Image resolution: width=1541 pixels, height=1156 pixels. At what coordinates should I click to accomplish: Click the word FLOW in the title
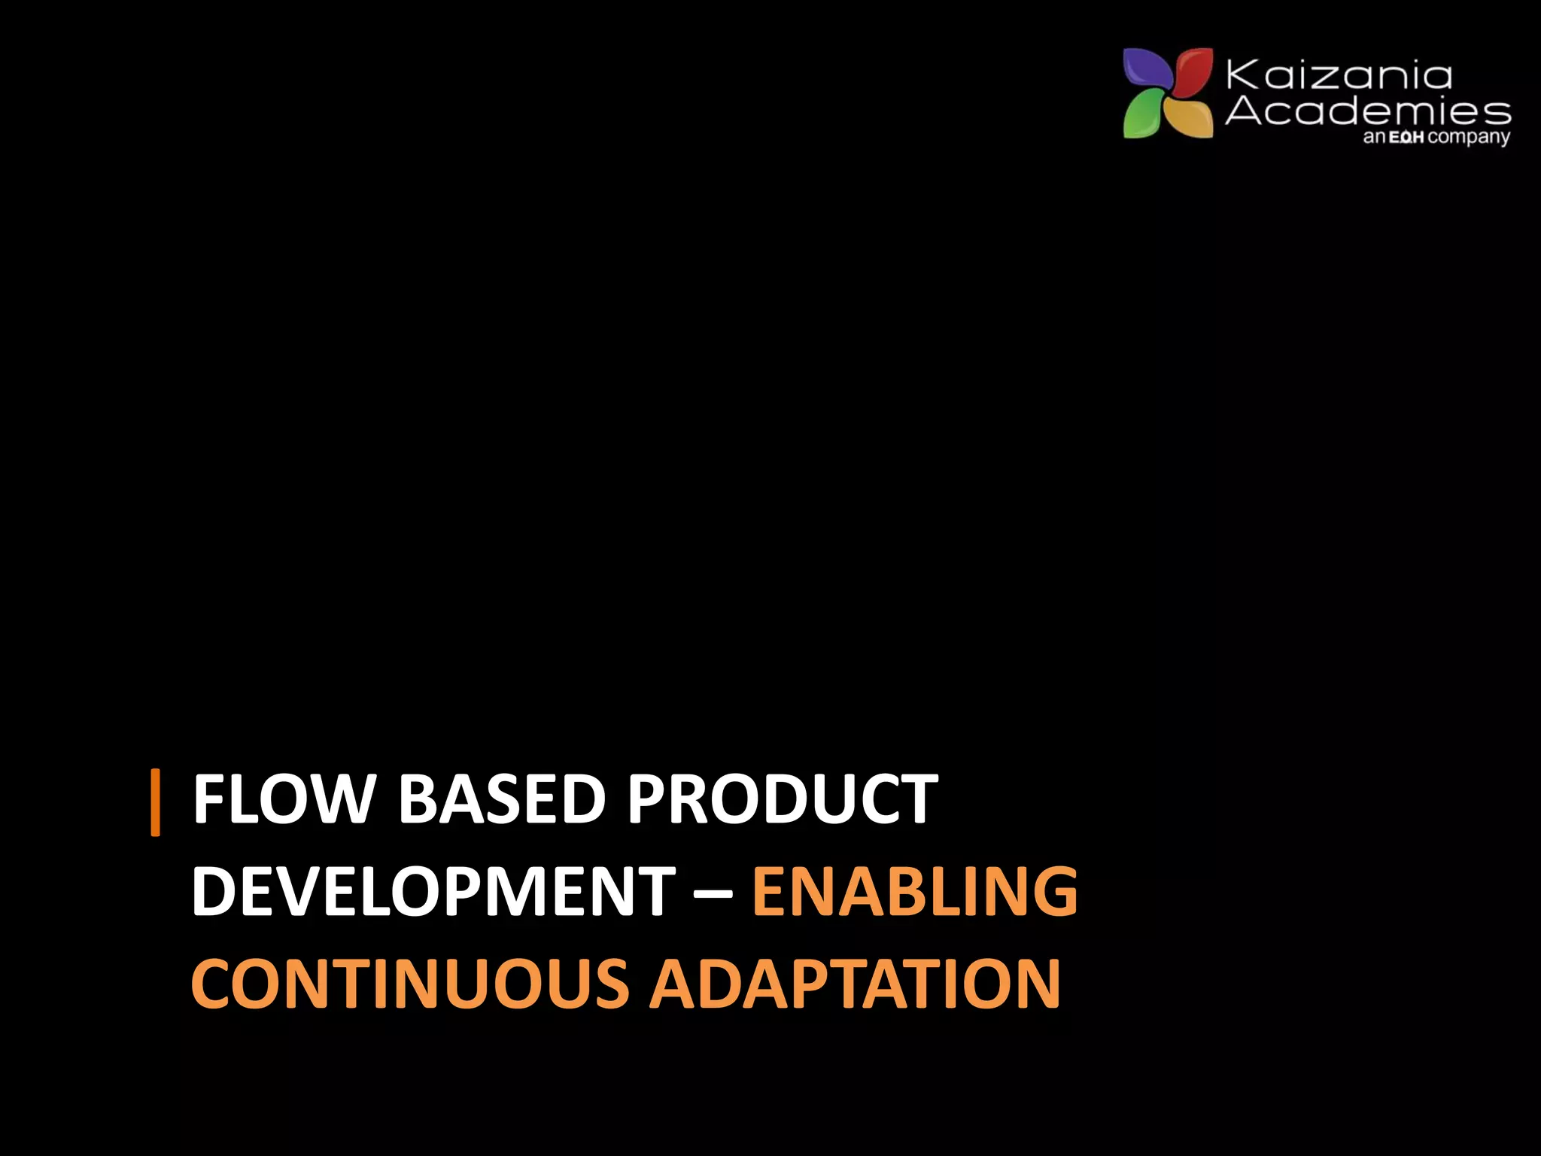click(x=284, y=800)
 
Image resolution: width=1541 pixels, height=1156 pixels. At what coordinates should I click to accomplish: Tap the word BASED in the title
click(x=501, y=800)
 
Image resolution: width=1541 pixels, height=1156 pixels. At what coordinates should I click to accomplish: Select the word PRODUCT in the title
click(x=783, y=800)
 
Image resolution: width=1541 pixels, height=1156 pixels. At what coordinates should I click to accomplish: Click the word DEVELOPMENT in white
click(x=433, y=892)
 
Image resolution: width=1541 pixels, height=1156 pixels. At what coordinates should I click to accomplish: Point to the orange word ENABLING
click(x=915, y=892)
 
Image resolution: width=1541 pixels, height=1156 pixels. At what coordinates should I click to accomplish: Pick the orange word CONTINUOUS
click(x=410, y=984)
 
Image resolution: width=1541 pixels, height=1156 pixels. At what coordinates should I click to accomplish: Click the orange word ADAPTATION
click(x=855, y=984)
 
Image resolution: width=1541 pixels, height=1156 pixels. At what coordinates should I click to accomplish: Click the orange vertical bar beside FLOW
click(x=156, y=802)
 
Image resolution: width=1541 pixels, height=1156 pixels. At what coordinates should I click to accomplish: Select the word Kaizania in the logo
click(x=1339, y=76)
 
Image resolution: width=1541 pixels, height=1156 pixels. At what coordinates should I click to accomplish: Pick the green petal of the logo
click(x=1144, y=117)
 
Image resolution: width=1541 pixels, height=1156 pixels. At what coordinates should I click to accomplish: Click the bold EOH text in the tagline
click(x=1406, y=138)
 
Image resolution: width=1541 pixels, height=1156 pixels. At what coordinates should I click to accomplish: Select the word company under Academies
click(x=1469, y=138)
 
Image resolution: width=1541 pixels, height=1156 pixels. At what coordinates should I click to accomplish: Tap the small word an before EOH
click(x=1374, y=138)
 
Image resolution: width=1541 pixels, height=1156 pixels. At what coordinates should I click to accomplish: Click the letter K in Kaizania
click(x=1243, y=76)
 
